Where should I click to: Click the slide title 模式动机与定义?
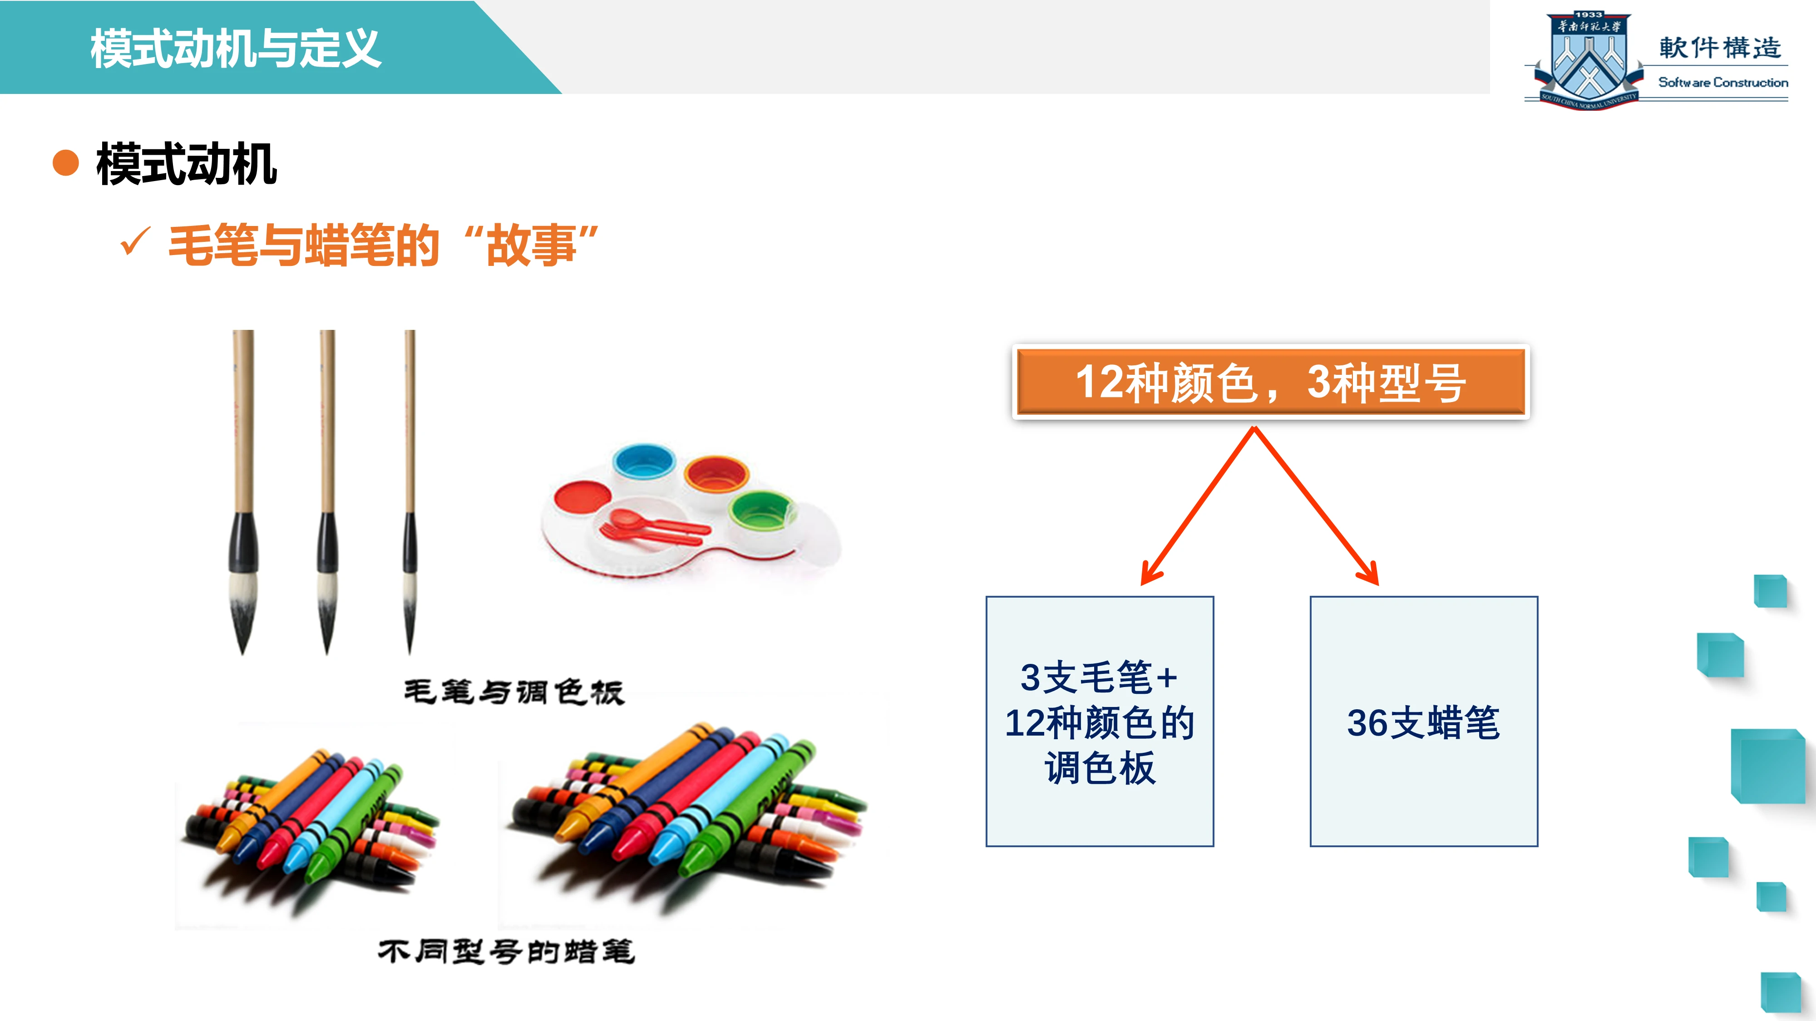(236, 49)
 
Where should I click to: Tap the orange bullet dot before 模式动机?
(65, 163)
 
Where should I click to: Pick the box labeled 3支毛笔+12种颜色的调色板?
(1100, 721)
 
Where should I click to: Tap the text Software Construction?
(1723, 83)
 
